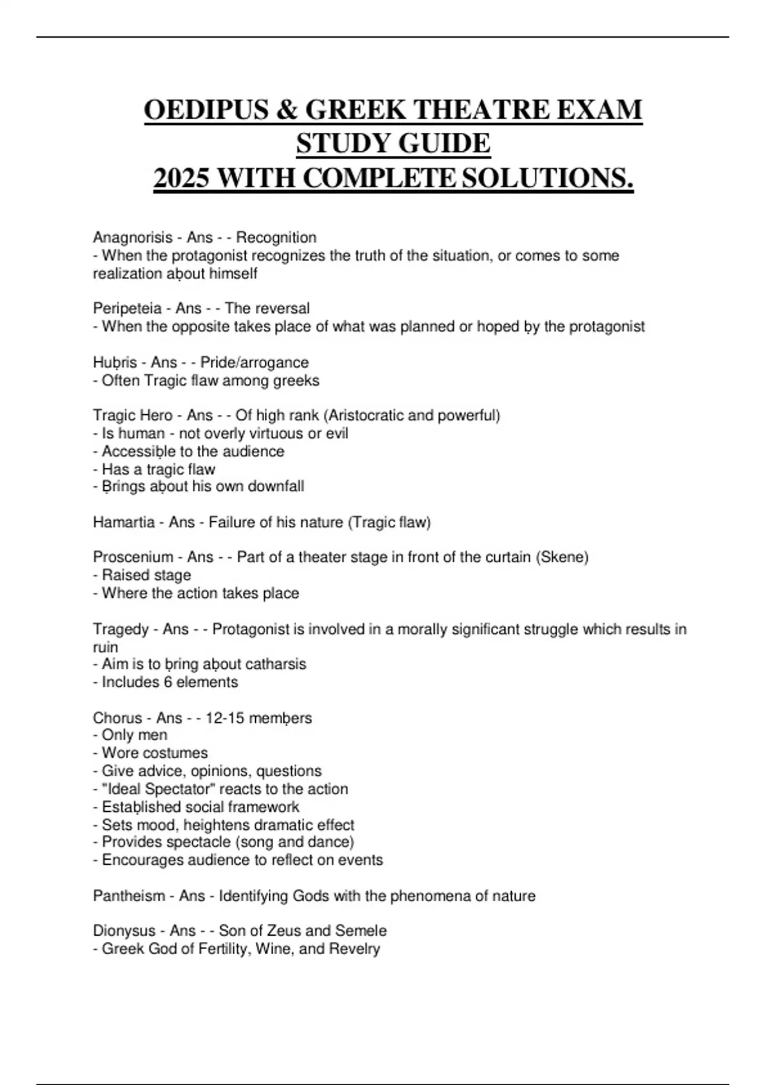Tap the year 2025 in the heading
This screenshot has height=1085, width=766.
point(181,178)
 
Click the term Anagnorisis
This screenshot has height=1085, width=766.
point(133,237)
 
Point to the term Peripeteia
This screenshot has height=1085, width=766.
point(127,308)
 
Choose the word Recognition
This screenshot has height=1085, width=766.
point(276,237)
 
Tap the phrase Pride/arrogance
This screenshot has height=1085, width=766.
point(254,363)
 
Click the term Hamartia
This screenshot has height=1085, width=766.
point(124,522)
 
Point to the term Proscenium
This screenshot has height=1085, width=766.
point(133,557)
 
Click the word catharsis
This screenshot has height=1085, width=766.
point(275,664)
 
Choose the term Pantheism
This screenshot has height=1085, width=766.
point(129,896)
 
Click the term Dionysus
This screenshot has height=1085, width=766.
point(124,931)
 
